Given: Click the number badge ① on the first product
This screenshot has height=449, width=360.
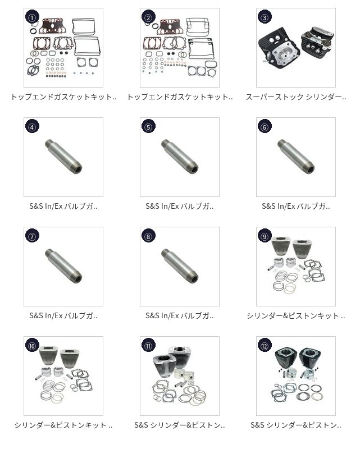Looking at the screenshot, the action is tap(32, 17).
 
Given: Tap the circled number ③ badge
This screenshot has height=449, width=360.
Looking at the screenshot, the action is tap(265, 17).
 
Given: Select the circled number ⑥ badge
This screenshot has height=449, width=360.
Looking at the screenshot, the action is tap(265, 127).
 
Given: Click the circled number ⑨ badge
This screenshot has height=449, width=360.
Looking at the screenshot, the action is tap(265, 236).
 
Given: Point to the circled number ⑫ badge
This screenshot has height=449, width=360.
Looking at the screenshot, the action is tap(265, 346).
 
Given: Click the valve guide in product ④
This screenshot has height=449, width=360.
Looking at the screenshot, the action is tap(63, 156).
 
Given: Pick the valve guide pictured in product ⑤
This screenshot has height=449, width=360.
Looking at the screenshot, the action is tap(180, 156).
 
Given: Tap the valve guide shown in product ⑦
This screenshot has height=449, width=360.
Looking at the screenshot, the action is tap(63, 265).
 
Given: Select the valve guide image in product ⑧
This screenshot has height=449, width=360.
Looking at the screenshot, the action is tap(180, 265).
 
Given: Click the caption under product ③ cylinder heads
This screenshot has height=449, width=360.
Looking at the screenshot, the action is tap(296, 97).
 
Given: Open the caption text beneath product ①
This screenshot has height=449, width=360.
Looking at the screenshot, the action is tap(63, 97).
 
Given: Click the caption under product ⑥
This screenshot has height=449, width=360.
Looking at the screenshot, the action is tap(296, 206).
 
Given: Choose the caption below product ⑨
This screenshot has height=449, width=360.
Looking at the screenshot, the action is tap(296, 316).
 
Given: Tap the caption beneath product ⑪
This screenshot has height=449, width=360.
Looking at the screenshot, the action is tap(180, 425).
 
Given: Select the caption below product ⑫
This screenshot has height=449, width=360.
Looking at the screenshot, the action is tap(296, 425).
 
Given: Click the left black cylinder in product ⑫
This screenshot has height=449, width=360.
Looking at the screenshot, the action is tap(283, 359).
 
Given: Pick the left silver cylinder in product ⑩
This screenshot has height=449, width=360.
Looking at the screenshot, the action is tap(48, 356).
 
